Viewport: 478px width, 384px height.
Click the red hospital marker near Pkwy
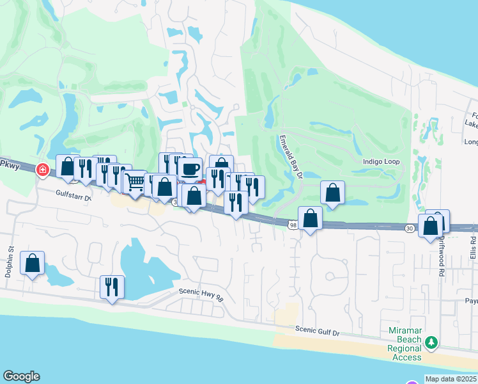43,170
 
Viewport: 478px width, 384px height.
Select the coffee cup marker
190,169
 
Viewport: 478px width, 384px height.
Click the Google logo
21,376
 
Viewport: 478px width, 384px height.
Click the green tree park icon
432,343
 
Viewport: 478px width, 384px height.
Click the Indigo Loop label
382,162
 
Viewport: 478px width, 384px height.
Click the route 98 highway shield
292,225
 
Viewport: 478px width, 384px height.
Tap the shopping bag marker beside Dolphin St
32,263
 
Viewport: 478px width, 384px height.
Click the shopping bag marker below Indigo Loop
333,193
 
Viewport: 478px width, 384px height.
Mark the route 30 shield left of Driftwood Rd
410,227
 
